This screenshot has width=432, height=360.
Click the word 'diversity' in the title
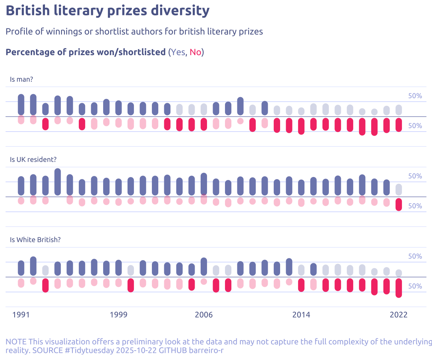180,10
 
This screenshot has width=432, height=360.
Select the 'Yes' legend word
178,52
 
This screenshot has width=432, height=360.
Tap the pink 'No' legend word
195,52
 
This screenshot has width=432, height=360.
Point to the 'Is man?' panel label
22,79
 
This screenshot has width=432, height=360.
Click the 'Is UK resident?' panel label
33,159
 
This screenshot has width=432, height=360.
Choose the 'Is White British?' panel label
35,240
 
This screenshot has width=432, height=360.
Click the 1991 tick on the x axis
21,315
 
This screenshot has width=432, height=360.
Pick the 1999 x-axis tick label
118,315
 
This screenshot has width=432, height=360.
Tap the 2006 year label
204,315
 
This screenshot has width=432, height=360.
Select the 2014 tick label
301,315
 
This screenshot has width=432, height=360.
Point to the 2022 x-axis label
399,315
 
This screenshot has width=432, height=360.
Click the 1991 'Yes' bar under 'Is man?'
21,105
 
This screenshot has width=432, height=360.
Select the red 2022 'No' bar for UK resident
399,204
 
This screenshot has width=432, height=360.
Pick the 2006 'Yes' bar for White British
204,266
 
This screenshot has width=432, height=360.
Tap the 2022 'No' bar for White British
399,288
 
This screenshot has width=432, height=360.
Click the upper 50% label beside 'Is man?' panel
415,96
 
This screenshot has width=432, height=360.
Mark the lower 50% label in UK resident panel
415,206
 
